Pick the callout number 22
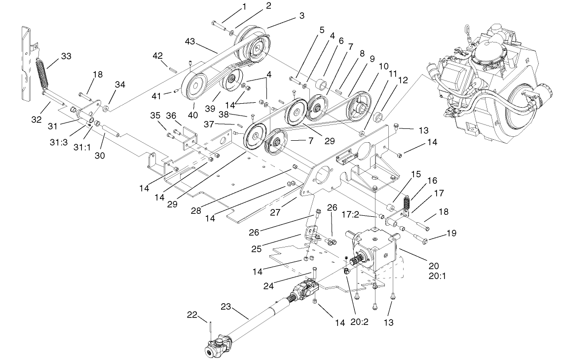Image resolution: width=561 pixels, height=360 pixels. pos(192,315)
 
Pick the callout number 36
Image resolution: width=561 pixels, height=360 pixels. pos(171,116)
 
